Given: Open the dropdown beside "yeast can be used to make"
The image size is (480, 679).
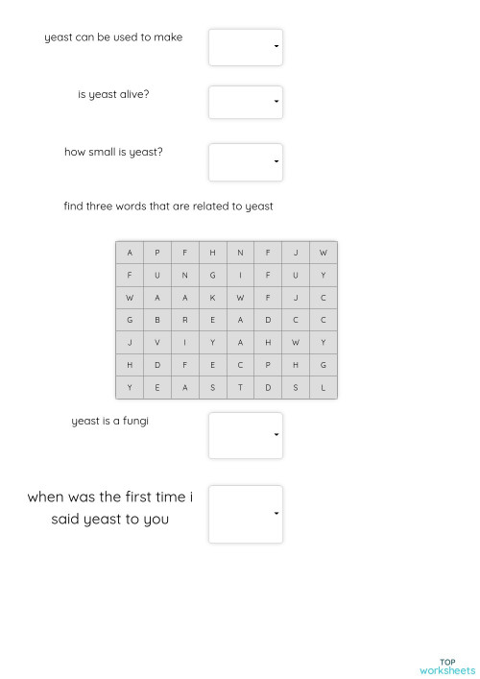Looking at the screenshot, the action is click(x=246, y=46).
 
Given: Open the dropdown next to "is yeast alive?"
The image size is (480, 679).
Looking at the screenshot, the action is click(x=246, y=102).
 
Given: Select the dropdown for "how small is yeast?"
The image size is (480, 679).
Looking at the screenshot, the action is click(x=246, y=161).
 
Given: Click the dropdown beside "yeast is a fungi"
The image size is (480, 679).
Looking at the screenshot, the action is click(x=246, y=435).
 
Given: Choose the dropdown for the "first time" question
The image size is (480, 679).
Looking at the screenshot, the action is click(x=246, y=514).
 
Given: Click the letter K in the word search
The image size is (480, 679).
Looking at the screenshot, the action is click(x=212, y=298).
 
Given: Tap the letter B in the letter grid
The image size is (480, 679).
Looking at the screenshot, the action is click(x=157, y=320).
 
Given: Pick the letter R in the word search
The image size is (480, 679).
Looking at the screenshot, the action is click(x=185, y=320).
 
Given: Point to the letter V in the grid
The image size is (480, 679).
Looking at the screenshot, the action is click(x=157, y=343).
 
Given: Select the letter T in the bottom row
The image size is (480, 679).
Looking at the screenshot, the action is click(x=240, y=388).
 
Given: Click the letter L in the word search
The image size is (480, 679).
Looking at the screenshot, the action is click(x=324, y=388).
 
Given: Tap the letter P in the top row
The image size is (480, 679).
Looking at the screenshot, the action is click(x=157, y=253).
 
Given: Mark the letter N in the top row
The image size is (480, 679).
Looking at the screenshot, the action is click(x=240, y=253).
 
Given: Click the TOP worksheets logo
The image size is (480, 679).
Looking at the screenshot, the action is click(x=446, y=667).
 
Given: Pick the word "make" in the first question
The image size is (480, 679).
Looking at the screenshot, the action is click(x=168, y=37).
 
